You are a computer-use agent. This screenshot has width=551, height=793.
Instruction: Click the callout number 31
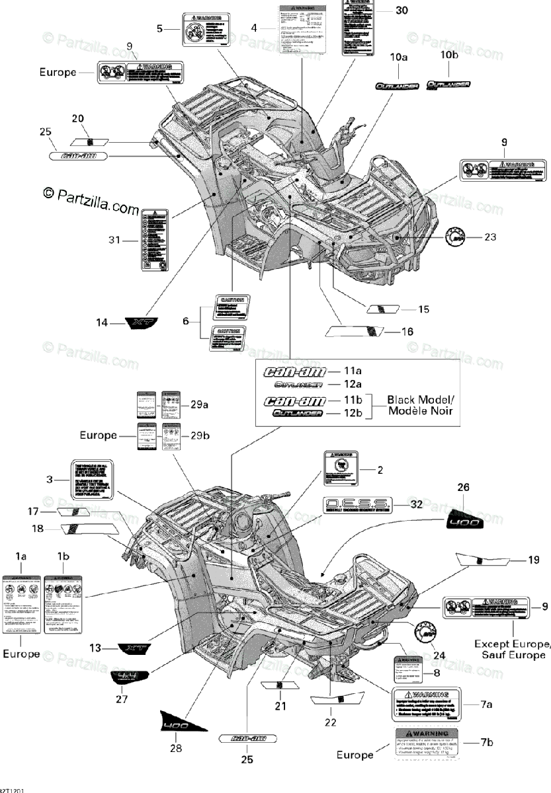click(115, 241)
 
